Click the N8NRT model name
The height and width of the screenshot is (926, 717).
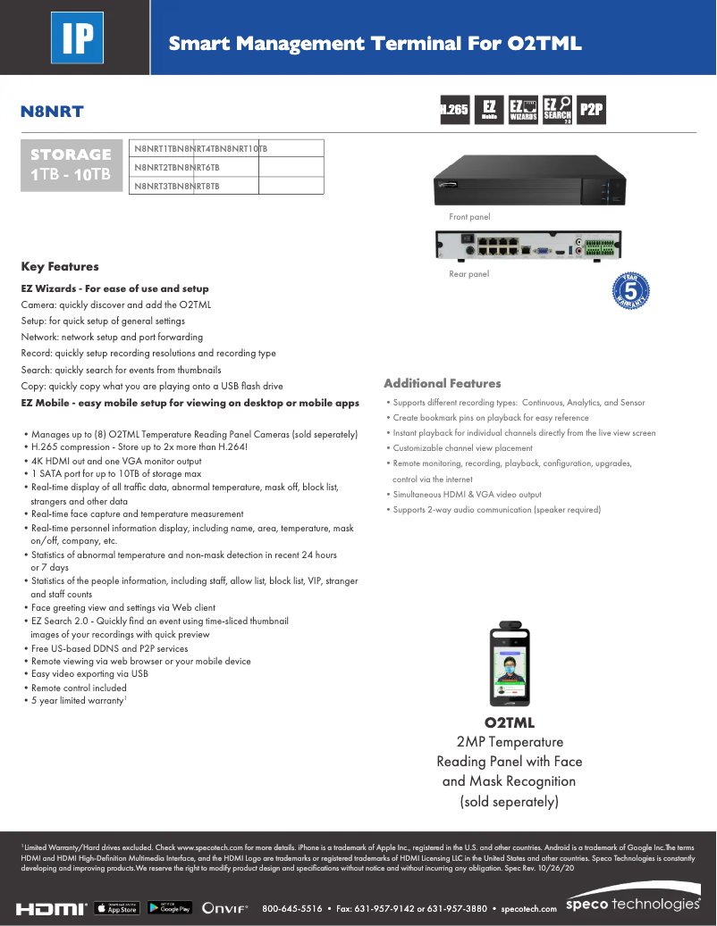(52, 112)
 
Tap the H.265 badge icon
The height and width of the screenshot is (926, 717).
(454, 109)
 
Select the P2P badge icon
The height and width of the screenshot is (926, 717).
(591, 109)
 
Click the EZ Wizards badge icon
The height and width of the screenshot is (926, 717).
(523, 109)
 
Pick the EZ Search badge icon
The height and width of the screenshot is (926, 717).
(557, 109)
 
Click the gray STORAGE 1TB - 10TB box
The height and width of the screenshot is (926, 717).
(72, 165)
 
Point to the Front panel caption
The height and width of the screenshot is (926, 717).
(469, 217)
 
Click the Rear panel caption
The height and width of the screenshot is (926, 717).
(468, 274)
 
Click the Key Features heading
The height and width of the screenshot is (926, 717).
(60, 266)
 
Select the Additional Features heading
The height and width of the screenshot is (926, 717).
(442, 383)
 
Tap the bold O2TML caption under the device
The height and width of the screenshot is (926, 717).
(510, 722)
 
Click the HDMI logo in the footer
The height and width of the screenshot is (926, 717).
(52, 908)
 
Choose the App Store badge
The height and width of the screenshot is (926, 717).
(116, 908)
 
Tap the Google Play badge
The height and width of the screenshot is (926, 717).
(170, 908)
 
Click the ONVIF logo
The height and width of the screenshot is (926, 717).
(225, 908)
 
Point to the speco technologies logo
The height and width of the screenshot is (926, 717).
(633, 904)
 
